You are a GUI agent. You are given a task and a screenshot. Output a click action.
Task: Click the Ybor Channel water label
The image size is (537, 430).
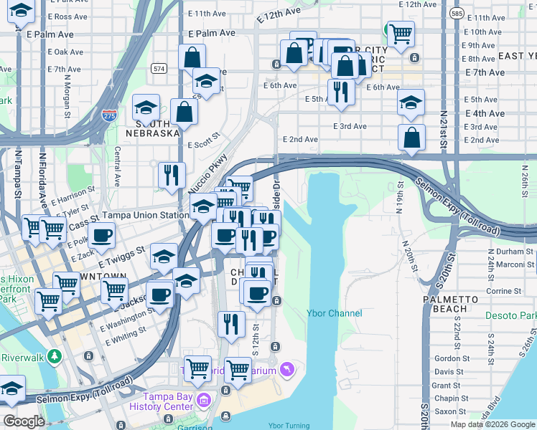(334, 313)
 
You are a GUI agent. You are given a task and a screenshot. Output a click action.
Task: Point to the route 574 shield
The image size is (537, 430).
(159, 68)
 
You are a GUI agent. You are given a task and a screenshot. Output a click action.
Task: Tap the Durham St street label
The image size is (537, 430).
(506, 252)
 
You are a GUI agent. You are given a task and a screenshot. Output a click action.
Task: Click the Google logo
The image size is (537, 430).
(24, 421)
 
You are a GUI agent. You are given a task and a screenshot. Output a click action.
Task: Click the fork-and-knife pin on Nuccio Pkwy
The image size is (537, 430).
(171, 174)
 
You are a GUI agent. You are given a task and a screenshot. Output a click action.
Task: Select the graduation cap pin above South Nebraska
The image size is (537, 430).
(146, 107)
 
